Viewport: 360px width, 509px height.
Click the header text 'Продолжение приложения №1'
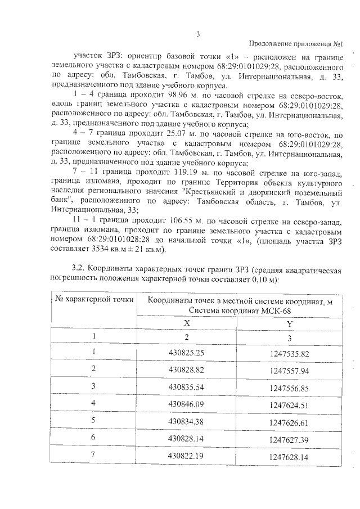click(x=295, y=44)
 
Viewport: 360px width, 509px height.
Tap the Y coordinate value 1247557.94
click(x=289, y=371)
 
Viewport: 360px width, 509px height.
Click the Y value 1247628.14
click(x=289, y=457)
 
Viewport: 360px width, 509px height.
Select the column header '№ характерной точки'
click(x=94, y=299)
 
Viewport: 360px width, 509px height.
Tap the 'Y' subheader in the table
click(x=289, y=323)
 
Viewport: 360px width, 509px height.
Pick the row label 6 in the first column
click(x=94, y=439)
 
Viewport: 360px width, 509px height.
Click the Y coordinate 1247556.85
click(x=289, y=388)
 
